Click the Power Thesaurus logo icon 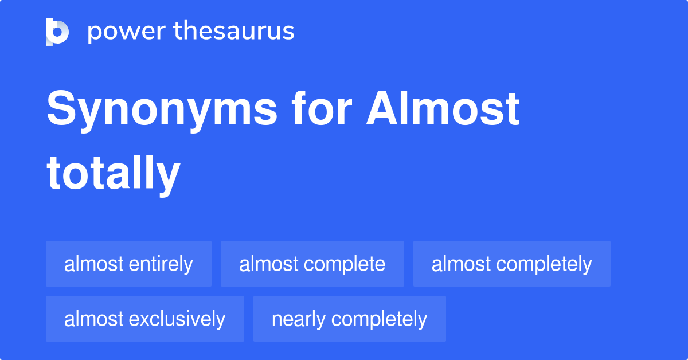point(57,32)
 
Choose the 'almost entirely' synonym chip point(128,264)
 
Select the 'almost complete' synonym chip point(312,264)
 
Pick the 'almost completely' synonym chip point(511,264)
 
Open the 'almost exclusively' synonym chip point(144,319)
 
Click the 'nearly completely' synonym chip point(349,319)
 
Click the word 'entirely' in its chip point(161,264)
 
